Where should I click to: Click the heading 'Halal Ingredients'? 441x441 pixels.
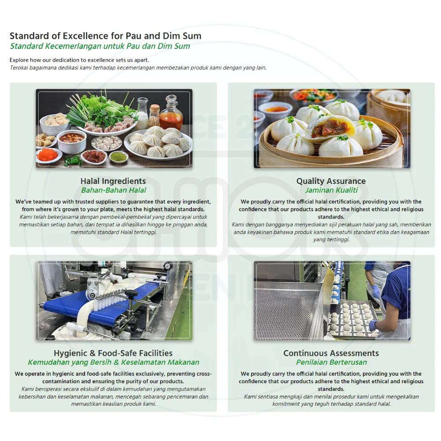pos(113,181)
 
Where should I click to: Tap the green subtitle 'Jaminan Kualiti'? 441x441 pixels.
pos(331,190)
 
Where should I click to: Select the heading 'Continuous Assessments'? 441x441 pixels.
pos(331,353)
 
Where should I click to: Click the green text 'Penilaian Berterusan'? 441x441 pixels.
pos(331,362)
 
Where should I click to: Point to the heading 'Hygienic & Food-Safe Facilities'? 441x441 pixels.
pos(113,353)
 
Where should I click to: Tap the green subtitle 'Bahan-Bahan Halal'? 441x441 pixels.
pos(113,190)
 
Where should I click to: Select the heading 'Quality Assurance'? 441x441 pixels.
pos(331,181)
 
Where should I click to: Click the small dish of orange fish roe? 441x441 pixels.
pos(49,154)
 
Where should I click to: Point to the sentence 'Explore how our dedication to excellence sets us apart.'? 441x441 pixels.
pos(79,60)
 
